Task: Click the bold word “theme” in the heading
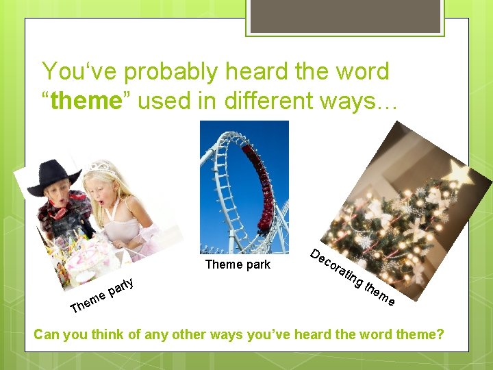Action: pos(86,100)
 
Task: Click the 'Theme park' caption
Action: pos(238,264)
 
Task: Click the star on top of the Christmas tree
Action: pos(457,173)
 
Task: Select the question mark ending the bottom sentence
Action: pos(440,334)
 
